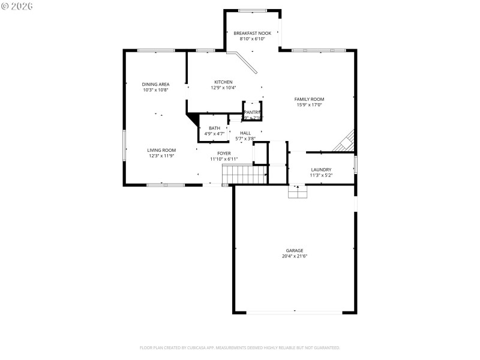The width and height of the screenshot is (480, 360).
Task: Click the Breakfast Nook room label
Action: pos(252,33)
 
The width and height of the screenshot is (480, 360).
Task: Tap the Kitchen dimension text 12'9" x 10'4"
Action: pos(223,88)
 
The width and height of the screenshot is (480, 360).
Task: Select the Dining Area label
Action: pos(155,84)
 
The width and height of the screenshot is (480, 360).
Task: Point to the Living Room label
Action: pos(161,150)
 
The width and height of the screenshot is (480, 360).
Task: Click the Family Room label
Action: pos(309,99)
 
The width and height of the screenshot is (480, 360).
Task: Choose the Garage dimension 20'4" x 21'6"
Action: pos(294,256)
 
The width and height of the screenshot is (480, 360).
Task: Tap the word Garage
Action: pos(294,250)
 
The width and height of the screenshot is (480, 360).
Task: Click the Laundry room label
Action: pos(321,169)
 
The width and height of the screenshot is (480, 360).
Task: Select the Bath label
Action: pos(214,128)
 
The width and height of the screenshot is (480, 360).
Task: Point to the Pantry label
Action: pos(252,112)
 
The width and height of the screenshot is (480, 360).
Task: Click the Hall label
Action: pos(245,133)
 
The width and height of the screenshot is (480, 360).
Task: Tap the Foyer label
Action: pos(224,154)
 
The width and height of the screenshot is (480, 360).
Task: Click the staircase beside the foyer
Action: pos(244,175)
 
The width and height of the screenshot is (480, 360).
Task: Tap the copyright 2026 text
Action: pos(17,6)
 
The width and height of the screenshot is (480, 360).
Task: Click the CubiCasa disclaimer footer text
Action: pos(239,347)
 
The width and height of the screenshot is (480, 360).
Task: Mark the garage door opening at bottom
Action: pos(294,312)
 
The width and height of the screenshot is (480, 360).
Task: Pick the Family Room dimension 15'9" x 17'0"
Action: pos(309,105)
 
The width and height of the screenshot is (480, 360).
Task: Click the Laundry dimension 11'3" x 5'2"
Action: pos(321,175)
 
